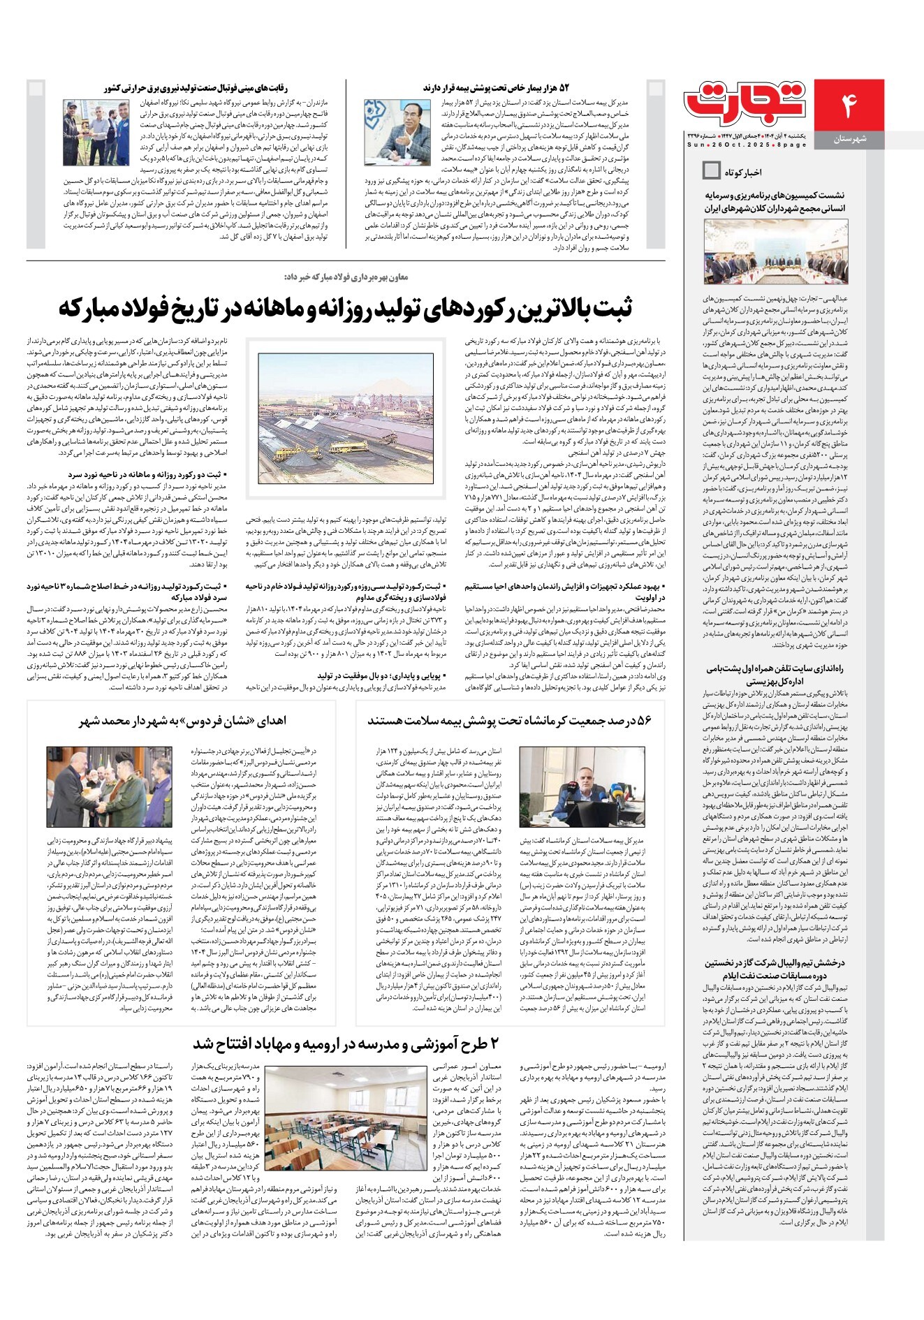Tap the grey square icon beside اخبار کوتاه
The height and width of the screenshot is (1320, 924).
click(711, 170)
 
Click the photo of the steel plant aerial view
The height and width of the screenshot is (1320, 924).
click(345, 419)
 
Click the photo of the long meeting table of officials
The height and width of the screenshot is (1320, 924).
click(774, 251)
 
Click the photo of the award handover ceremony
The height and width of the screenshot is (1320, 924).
click(109, 787)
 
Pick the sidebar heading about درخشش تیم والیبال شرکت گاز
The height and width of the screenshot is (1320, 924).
click(775, 969)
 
